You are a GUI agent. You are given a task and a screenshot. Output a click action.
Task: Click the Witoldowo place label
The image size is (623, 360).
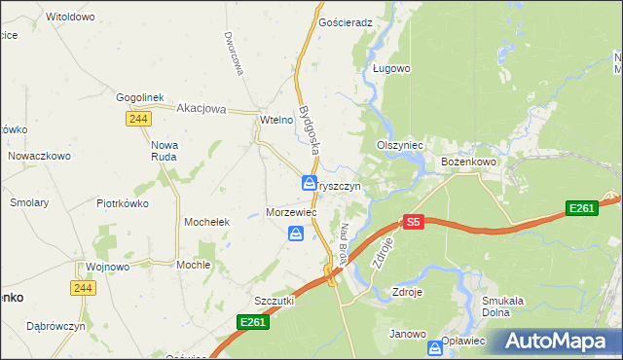click(x=70, y=18)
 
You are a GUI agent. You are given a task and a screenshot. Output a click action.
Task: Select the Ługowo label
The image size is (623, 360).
click(x=392, y=69)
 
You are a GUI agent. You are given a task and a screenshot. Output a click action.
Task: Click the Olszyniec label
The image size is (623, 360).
click(x=399, y=145)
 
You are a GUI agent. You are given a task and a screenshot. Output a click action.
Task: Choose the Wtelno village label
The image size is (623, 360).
click(x=276, y=120)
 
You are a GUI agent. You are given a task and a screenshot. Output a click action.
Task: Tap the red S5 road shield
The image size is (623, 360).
click(x=414, y=222)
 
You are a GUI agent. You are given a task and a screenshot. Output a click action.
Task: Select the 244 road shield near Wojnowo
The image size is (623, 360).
click(x=82, y=288)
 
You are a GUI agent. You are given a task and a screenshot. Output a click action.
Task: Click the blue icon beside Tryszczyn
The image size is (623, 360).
click(x=307, y=183)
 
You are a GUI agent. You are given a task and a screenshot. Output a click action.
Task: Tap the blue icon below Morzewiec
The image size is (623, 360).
click(x=296, y=234)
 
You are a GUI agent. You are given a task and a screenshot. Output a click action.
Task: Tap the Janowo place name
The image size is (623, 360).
click(x=408, y=334)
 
